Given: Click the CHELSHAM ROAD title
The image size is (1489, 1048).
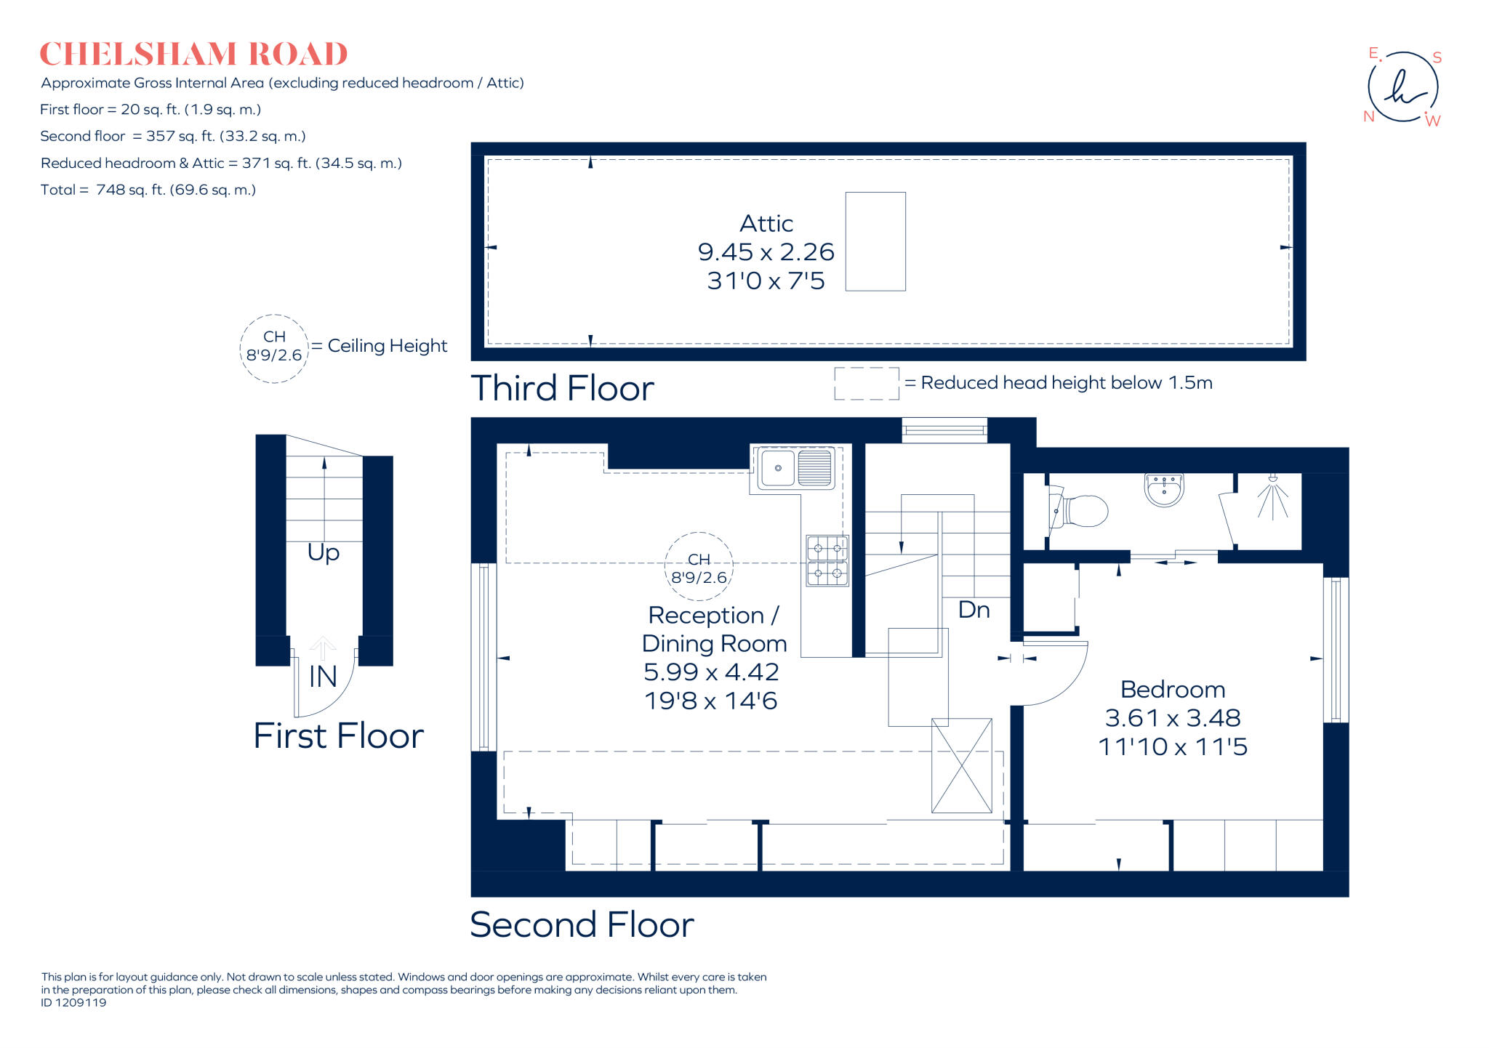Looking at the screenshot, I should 193,55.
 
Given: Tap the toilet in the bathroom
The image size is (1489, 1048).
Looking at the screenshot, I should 1082,511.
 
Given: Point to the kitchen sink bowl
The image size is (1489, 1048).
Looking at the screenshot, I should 778,468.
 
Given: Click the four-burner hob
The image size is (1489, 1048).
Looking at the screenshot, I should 827,560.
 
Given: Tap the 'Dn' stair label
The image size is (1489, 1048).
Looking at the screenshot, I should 974,610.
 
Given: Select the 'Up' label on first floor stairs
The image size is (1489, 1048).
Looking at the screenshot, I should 324,552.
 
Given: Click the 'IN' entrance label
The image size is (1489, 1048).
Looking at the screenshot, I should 323,677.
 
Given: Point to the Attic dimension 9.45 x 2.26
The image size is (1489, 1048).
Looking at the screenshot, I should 766,252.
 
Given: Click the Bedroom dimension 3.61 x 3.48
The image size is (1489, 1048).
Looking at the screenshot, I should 1172,718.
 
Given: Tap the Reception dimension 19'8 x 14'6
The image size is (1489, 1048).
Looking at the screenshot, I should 711,701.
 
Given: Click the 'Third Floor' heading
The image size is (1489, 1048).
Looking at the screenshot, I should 562,388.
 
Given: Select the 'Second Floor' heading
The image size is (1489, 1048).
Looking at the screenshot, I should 582,924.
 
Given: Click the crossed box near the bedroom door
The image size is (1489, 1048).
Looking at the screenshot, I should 961,765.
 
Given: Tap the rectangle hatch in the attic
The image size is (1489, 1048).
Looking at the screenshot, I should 875,241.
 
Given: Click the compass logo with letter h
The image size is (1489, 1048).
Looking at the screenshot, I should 1402,87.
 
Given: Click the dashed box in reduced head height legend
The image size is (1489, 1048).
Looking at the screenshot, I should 866,383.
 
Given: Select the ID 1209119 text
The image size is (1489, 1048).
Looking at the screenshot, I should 73,1002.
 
